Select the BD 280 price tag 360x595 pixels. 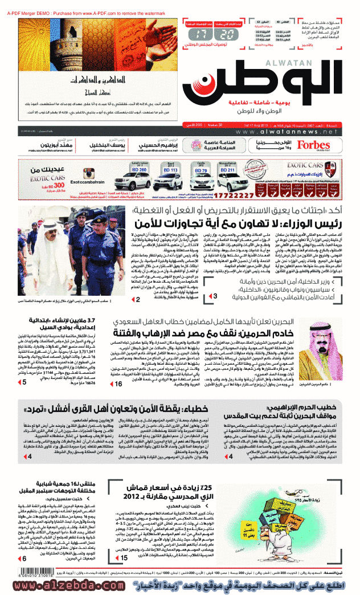pyautogui.click(x=139, y=170)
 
